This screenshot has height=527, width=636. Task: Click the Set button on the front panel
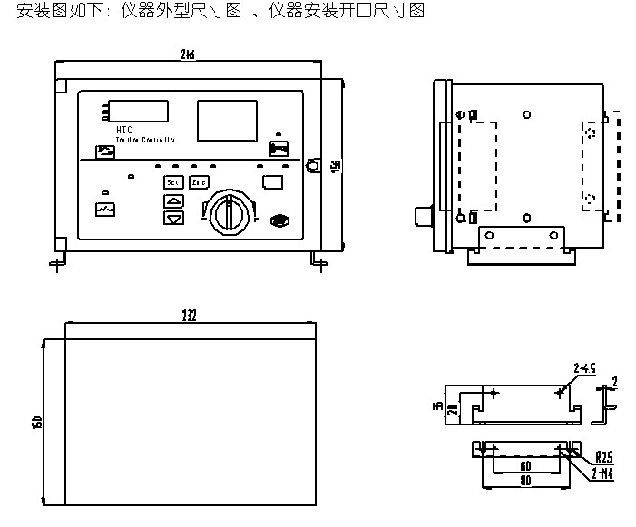coord(172,182)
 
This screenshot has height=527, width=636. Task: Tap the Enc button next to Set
coord(198,182)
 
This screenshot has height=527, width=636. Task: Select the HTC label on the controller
coord(124,131)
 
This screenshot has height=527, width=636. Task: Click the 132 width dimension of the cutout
coord(189,316)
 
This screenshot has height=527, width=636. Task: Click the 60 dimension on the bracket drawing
coord(526,465)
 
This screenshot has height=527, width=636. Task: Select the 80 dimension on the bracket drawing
coord(526,480)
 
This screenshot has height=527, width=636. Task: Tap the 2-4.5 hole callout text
coord(583,368)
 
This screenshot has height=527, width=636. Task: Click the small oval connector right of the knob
coord(280,220)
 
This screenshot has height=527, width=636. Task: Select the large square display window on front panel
coord(226,120)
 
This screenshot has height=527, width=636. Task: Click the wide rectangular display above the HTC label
coord(137,111)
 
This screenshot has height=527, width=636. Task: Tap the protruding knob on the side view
coord(422,216)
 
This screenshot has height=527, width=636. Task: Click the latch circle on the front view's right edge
coord(314,165)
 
